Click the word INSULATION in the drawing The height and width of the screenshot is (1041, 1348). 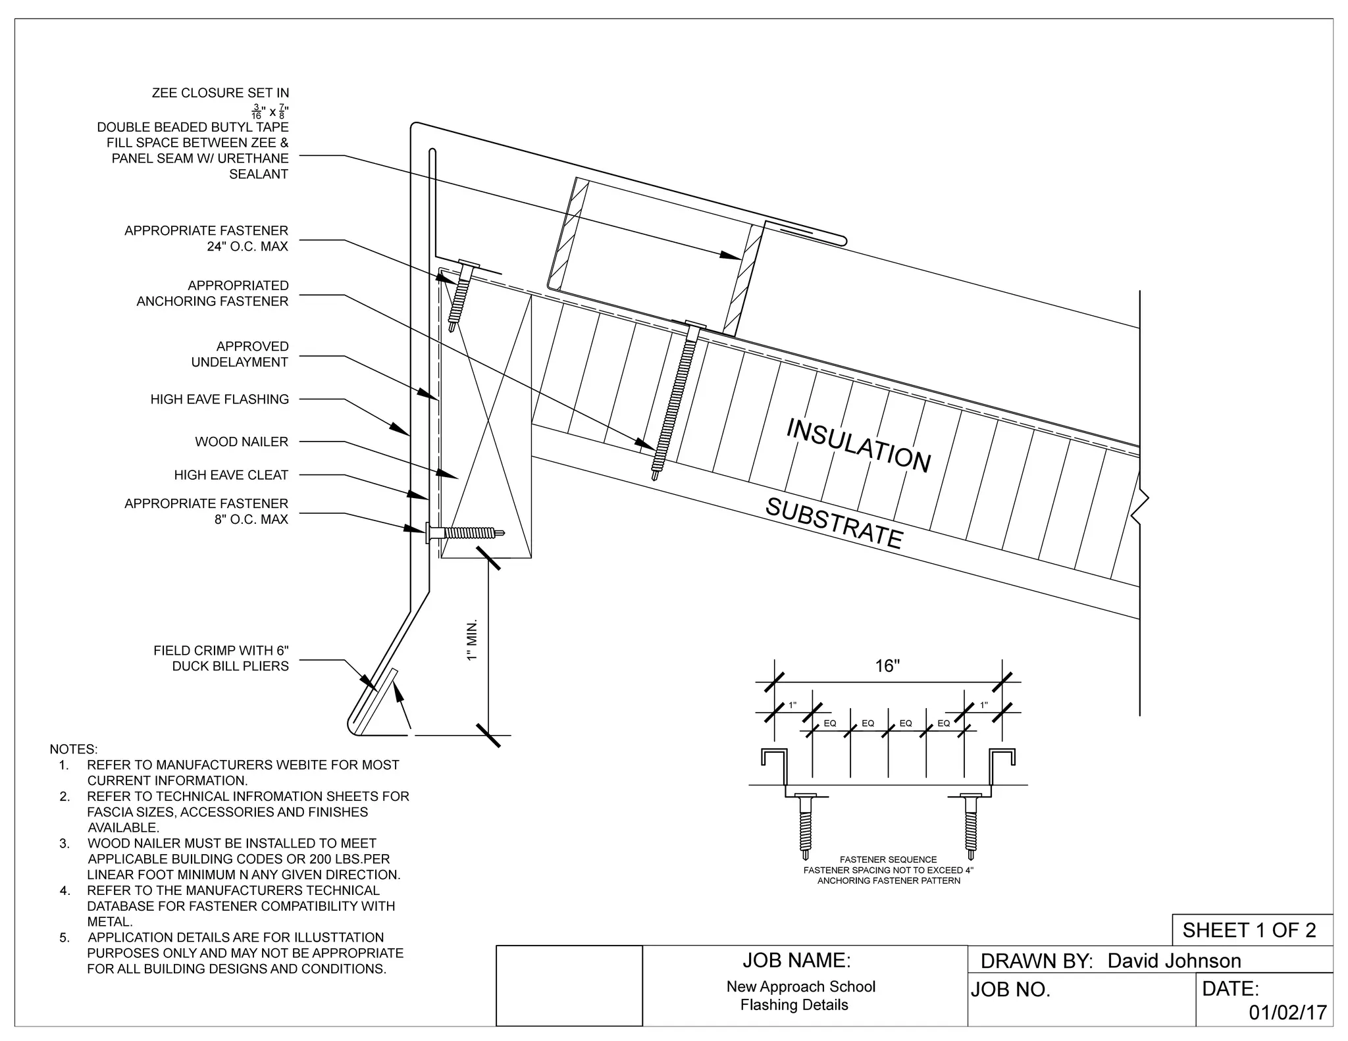click(x=858, y=446)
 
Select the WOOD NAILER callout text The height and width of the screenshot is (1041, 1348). click(x=241, y=442)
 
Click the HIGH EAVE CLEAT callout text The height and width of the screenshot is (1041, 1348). click(x=231, y=474)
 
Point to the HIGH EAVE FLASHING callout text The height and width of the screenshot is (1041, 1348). click(x=219, y=399)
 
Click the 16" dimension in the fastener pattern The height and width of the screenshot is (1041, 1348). click(x=887, y=666)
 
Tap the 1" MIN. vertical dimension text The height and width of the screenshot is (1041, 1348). click(x=471, y=640)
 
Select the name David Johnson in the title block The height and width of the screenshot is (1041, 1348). click(x=1174, y=961)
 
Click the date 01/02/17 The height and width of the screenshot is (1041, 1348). click(x=1287, y=1013)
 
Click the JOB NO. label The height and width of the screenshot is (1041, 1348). click(x=1010, y=990)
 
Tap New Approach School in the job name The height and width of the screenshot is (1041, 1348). click(x=800, y=986)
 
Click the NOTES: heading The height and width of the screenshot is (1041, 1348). click(x=73, y=749)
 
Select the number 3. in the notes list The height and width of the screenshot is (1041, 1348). click(x=65, y=844)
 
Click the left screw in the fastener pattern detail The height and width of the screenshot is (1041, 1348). click(x=804, y=826)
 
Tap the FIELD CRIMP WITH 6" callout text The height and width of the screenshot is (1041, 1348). click(x=220, y=651)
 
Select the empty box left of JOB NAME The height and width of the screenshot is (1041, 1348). click(x=569, y=985)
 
